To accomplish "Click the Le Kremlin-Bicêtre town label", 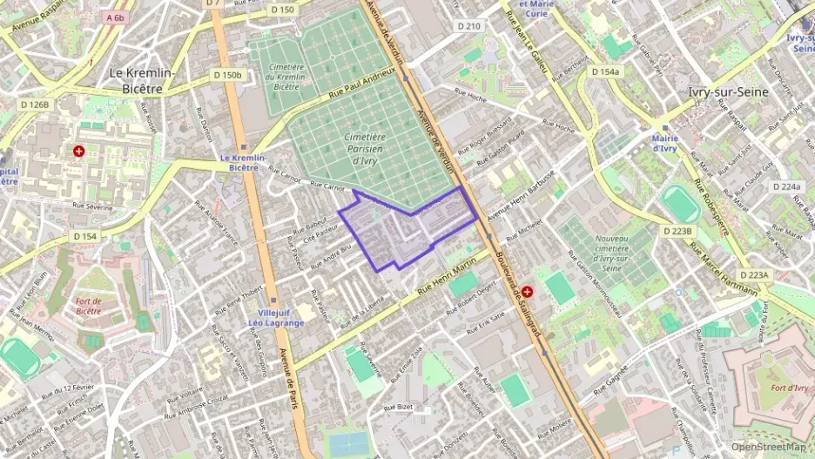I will click(141, 80).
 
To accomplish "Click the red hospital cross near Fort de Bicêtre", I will click(79, 152).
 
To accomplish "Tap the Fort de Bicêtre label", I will click(88, 305).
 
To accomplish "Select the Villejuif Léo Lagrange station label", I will click(276, 317).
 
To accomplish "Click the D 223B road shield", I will click(677, 231).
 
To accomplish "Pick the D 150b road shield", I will click(227, 75).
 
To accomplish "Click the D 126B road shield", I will click(37, 105).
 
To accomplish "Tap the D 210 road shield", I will click(469, 26).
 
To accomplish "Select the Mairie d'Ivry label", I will click(664, 143).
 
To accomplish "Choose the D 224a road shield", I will click(786, 186).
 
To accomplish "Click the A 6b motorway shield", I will click(115, 17).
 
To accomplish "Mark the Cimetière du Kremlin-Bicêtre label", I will click(286, 77).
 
